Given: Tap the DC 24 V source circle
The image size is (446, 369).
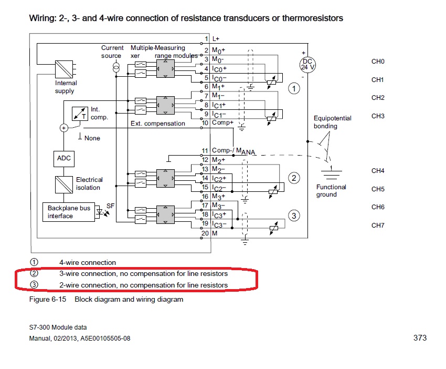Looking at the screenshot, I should pos(307,64).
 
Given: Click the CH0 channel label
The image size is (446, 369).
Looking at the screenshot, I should pos(378,61).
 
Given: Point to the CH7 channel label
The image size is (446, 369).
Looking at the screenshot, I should pos(378,225).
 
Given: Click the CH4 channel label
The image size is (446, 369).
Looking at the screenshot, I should pos(378,171).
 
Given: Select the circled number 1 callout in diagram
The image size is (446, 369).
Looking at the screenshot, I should pos(294,89).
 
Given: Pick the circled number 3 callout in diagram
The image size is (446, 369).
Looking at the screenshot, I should pos(294,216).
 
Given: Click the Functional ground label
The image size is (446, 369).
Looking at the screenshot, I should pos(331,191).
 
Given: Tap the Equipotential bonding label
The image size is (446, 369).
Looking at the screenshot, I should pos(333,122).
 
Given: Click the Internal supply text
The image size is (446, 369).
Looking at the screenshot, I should pos(66,87).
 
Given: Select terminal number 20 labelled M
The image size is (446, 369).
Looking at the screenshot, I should pos(210,233).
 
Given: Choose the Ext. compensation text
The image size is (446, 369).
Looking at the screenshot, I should pos(158,124).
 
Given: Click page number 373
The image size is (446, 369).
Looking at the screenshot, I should pos(420,337).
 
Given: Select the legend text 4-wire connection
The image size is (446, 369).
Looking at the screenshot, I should pos(87,262).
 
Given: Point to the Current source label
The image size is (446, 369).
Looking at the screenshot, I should pos(112,52).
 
